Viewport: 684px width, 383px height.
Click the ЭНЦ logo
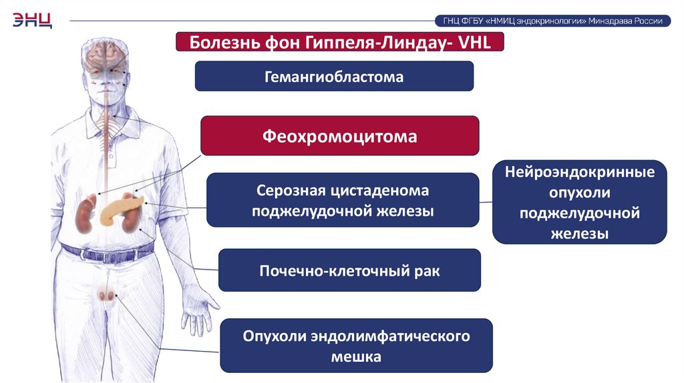click(x=31, y=20)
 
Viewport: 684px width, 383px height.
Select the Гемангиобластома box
click(x=334, y=77)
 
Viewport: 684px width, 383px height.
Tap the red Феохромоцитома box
click(x=340, y=137)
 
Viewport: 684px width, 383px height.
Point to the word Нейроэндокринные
click(x=579, y=173)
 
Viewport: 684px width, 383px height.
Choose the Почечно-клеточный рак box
click(x=349, y=271)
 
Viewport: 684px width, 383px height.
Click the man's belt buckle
click(x=106, y=254)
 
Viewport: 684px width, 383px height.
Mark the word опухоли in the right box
click(x=579, y=193)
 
